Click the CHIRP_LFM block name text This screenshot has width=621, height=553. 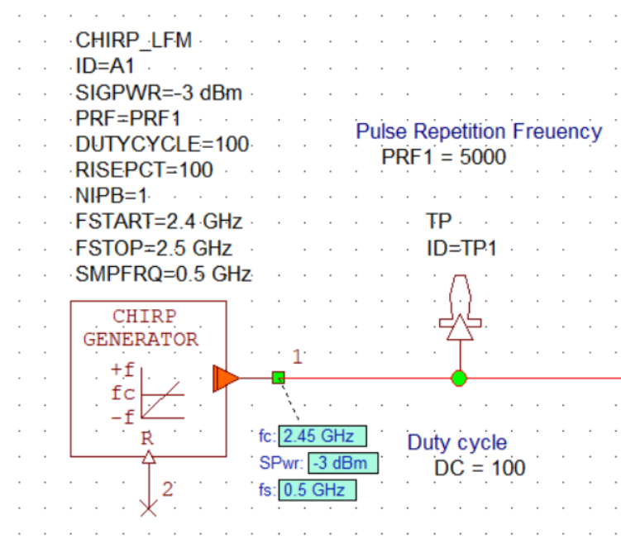coord(133,41)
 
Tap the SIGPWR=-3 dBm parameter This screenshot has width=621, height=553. coord(158,93)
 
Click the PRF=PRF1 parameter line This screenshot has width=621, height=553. coord(127,118)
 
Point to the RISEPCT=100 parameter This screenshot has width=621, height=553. coord(144,170)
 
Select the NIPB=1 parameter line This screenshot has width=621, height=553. coord(110,196)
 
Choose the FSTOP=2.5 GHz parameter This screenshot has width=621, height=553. coord(153,248)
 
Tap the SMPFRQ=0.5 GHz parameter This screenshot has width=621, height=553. coord(162,274)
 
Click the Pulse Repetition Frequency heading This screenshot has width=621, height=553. coord(479,131)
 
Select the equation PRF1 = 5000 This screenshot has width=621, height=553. coord(444,156)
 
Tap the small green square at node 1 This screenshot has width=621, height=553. coord(278,378)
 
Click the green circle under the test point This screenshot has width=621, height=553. coord(459,379)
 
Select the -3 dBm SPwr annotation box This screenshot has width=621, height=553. coord(342,463)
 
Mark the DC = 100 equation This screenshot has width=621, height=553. coord(480,468)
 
